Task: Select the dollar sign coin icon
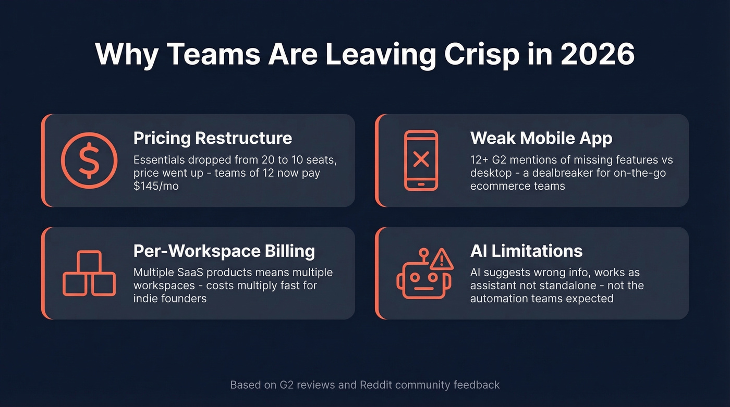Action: [89, 160]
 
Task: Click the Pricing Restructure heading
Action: [213, 138]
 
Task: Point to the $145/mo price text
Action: [156, 186]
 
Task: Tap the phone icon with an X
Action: [421, 160]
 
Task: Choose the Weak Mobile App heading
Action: [541, 138]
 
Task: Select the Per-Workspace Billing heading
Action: [224, 251]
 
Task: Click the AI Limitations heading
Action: [526, 251]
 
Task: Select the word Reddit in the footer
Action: [375, 385]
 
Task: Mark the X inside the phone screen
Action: [421, 159]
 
